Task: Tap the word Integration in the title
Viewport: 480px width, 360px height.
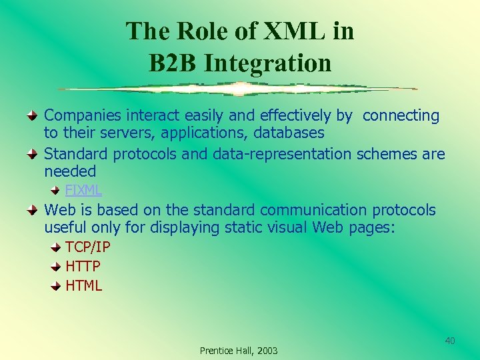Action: [x=268, y=63]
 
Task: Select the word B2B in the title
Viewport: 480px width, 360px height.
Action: [x=175, y=63]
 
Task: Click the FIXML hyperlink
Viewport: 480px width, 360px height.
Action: [x=83, y=190]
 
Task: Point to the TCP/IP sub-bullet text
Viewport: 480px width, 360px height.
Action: [x=88, y=247]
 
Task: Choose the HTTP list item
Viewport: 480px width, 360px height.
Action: [x=83, y=267]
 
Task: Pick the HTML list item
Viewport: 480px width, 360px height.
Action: [x=84, y=286]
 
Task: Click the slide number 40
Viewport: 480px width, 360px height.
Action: [x=450, y=341]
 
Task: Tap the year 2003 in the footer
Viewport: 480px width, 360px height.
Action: [x=267, y=351]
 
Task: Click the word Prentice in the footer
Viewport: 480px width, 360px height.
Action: [x=216, y=351]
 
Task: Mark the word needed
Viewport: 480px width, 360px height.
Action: [x=70, y=171]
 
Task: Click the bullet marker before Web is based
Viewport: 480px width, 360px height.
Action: [x=33, y=211]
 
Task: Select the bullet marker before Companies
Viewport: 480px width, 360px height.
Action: [x=33, y=116]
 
